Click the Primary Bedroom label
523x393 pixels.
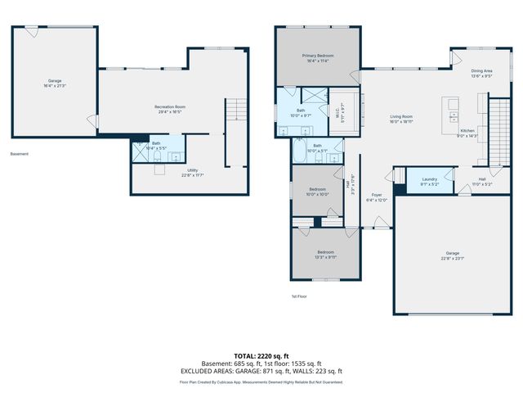tap(320, 56)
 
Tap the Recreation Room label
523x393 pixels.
tap(170, 107)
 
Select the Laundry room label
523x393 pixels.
tap(430, 179)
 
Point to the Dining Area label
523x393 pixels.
tap(481, 71)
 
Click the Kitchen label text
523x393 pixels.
tap(467, 131)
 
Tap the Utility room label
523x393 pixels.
tap(193, 169)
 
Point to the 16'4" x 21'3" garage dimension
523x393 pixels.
tap(56, 85)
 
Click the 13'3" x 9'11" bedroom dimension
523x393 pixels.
tap(326, 257)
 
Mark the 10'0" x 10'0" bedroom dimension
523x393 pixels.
tap(317, 194)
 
